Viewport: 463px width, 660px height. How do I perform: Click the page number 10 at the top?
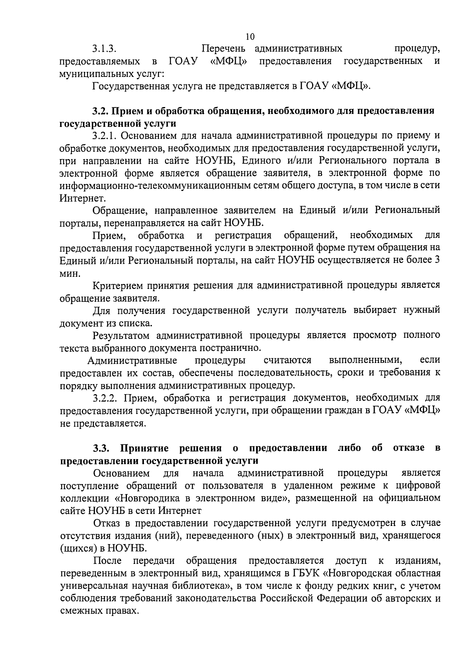250,37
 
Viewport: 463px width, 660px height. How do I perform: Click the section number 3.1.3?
104,49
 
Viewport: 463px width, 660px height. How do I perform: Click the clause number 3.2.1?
105,136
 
